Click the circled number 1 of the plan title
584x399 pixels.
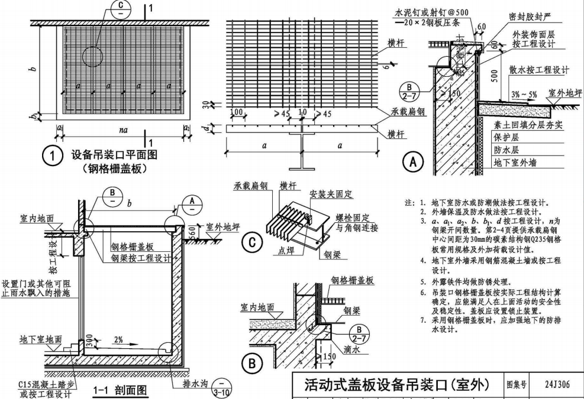click(53, 157)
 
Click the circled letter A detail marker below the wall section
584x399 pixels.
click(412, 160)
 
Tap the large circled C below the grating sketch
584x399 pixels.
click(253, 242)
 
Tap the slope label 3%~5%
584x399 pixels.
click(523, 94)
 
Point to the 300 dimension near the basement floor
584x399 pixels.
click(88, 339)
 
